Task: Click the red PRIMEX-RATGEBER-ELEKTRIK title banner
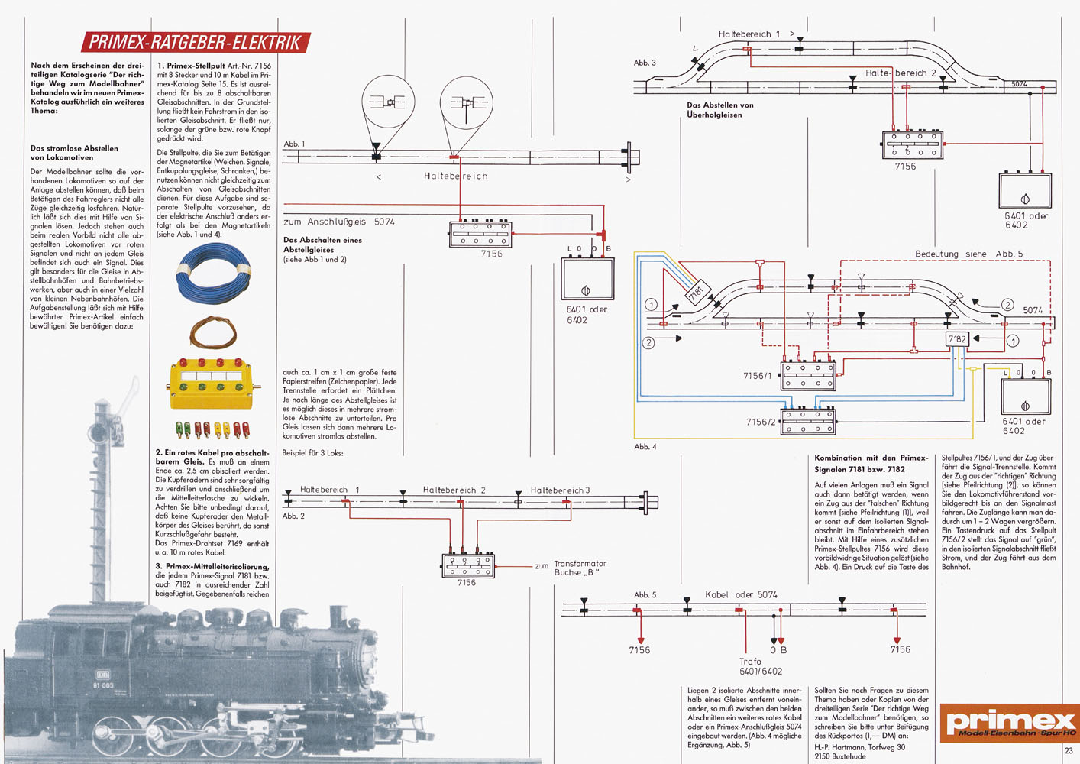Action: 196,43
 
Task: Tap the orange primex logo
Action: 1010,723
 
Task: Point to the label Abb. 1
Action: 294,144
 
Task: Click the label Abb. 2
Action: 293,516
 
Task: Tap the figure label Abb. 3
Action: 645,63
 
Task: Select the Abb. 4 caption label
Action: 645,447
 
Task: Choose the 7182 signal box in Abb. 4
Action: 957,339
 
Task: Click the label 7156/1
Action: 758,376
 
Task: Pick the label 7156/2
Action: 761,422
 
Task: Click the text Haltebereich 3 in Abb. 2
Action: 561,490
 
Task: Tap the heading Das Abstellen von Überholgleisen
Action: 720,110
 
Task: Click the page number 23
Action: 1069,751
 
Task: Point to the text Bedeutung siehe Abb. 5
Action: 968,254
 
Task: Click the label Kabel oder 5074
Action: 741,594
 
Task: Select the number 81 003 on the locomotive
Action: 103,685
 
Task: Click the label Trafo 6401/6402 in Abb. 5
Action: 760,666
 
